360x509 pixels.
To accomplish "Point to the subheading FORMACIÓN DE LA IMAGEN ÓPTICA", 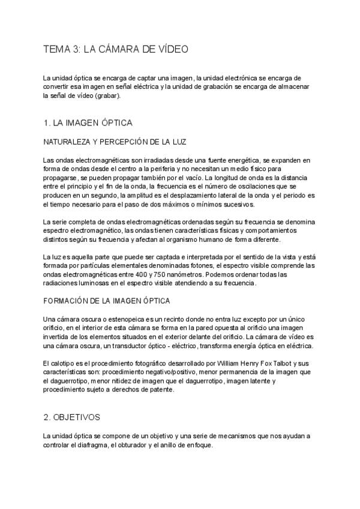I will tap(107, 300).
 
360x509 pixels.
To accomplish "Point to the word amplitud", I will tap(165, 196).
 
